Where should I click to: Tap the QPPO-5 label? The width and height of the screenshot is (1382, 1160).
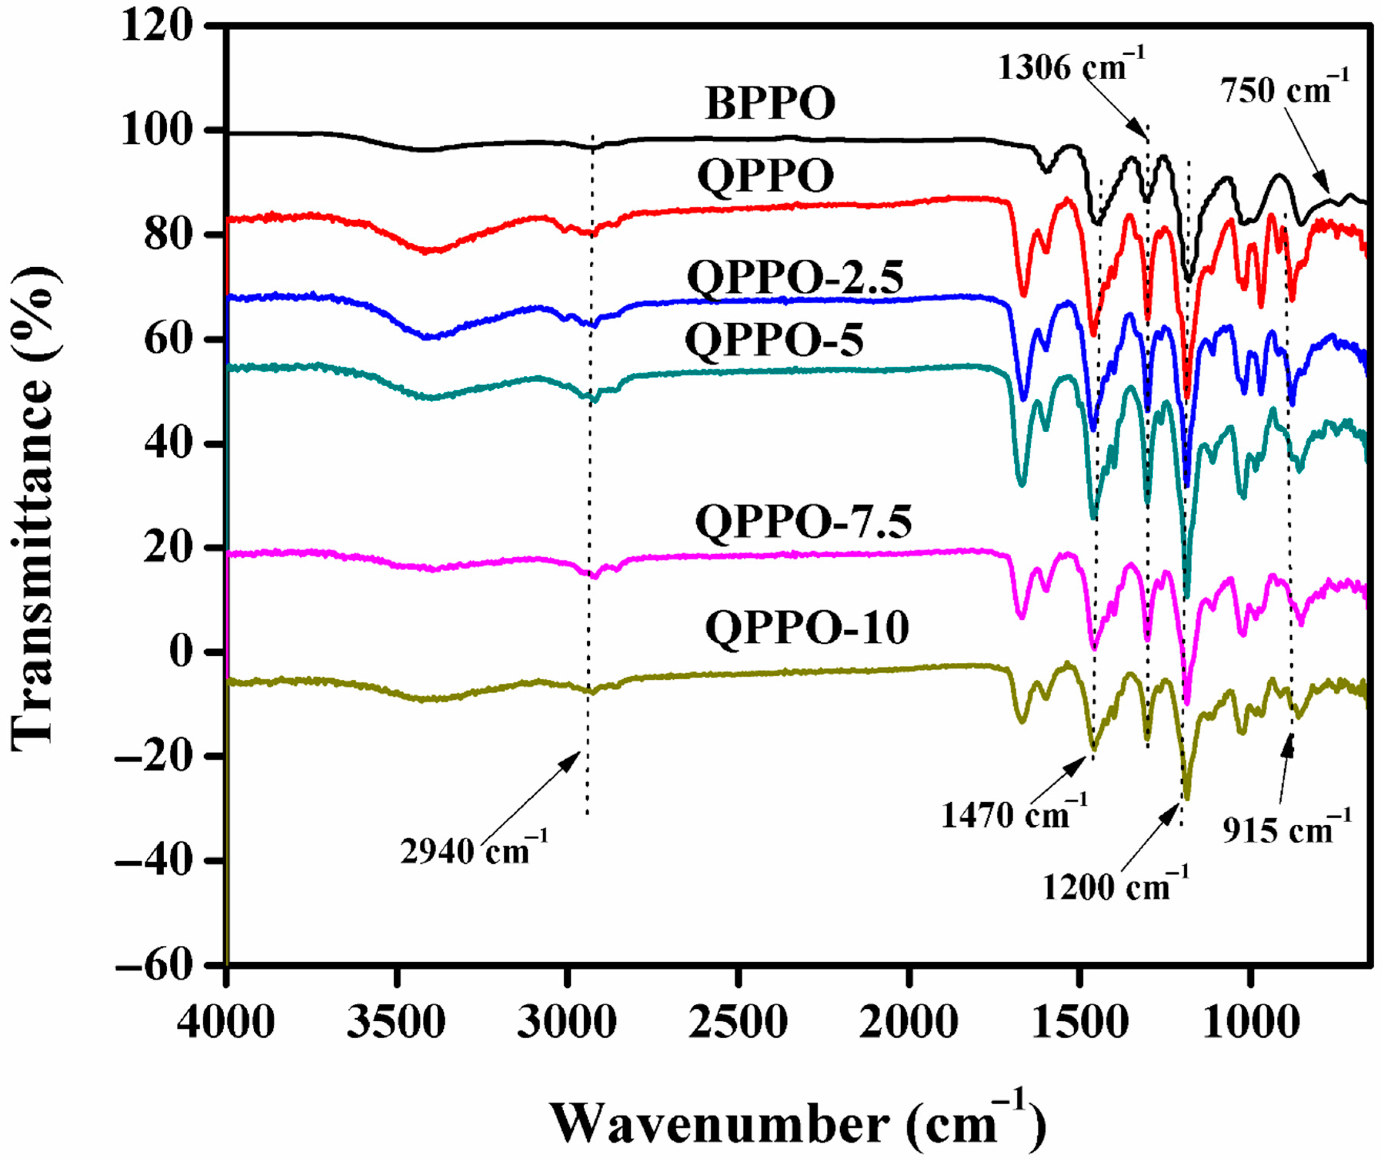pos(774,342)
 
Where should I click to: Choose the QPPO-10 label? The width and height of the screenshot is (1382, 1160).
pos(807,628)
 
